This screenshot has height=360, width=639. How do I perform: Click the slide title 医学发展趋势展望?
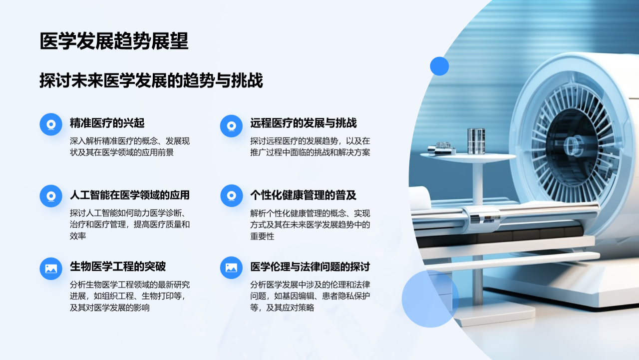[x=114, y=41]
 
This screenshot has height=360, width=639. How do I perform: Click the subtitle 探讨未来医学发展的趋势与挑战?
[x=151, y=80]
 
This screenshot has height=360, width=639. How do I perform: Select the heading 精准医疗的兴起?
[x=107, y=123]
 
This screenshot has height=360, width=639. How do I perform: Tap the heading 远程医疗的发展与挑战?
[x=304, y=123]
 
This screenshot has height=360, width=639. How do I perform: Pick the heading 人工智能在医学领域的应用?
[x=130, y=195]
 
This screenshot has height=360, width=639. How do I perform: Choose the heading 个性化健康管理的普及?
[x=303, y=195]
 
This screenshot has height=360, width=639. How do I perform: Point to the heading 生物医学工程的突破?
[x=118, y=266]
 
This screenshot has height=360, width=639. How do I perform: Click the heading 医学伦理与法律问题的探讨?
[x=310, y=266]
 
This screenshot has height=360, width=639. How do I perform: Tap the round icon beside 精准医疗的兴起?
[x=51, y=125]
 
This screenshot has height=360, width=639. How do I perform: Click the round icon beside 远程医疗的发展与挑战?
[x=231, y=125]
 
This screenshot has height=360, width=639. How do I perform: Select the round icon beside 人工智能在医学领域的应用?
[x=51, y=195]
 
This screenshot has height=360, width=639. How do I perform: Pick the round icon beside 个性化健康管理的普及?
[x=231, y=195]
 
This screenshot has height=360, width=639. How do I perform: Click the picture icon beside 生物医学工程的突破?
[x=51, y=268]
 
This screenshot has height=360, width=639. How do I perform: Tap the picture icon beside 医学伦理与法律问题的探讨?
[x=231, y=267]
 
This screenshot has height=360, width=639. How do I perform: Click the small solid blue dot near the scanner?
[x=439, y=66]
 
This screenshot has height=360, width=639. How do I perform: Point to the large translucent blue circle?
[x=430, y=299]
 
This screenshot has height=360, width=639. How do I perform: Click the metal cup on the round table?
[x=476, y=140]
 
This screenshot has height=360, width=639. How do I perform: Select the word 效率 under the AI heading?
[x=78, y=236]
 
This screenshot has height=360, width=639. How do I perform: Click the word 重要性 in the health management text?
[x=262, y=236]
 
